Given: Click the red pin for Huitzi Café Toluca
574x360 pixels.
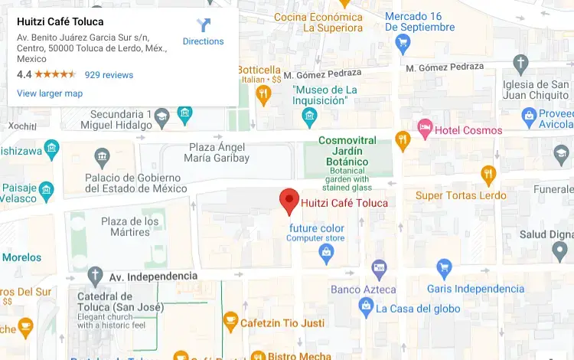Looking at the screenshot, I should click(x=289, y=201).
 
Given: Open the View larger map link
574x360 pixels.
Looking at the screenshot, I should click(x=50, y=93).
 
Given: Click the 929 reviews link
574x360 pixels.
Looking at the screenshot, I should click(x=109, y=75).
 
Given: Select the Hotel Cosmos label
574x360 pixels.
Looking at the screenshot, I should click(x=468, y=130).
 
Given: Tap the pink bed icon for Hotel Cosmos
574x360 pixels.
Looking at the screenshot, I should click(x=425, y=126).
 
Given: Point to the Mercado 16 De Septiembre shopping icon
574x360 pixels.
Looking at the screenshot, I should click(x=403, y=43).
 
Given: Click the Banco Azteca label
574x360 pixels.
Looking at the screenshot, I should click(x=364, y=290).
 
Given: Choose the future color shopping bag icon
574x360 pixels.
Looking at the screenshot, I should click(x=327, y=255).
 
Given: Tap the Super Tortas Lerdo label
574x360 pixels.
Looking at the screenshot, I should click(x=461, y=195).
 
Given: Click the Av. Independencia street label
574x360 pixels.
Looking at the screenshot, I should click(x=153, y=276).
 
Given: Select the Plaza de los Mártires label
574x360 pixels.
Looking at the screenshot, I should click(x=130, y=227).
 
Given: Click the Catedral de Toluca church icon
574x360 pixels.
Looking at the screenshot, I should click(x=95, y=276).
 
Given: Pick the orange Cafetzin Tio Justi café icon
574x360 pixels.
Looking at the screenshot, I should click(x=230, y=321).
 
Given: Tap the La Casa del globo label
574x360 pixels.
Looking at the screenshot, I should click(x=418, y=309).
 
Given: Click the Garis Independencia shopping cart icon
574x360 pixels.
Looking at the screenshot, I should click(x=444, y=269).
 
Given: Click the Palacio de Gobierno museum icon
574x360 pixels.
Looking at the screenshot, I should click(x=103, y=159).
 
